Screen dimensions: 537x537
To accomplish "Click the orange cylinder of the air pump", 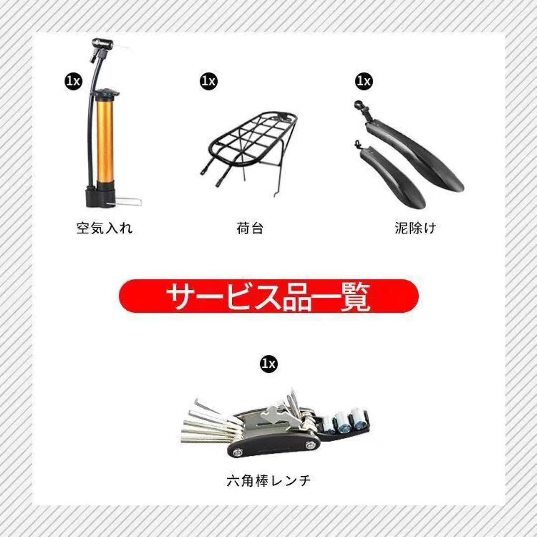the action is pos(105,141).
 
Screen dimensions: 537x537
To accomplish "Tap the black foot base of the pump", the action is pos(100,196).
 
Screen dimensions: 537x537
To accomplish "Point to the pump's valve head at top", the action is pos(100,48).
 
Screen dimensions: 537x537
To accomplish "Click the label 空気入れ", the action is pos(104,228).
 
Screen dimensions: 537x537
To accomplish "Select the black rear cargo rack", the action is pos(250,151).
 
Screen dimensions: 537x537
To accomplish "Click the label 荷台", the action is pos(250,228).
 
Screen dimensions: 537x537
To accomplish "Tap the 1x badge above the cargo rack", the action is pos(208,81).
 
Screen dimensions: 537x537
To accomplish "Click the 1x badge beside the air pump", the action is pos(74,82).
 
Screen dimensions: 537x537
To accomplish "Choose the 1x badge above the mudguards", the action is pos(364,81).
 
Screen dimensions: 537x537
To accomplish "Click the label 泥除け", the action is pos(415,228).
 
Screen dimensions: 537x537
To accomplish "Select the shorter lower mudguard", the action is pos(390,175).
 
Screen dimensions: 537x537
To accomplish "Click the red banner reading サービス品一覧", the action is pos(269,296).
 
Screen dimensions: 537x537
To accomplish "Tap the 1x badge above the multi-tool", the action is pos(269,363).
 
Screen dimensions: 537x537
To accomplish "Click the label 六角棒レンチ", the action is pos(269,480).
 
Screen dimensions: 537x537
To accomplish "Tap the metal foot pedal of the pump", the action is pos(128,202).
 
